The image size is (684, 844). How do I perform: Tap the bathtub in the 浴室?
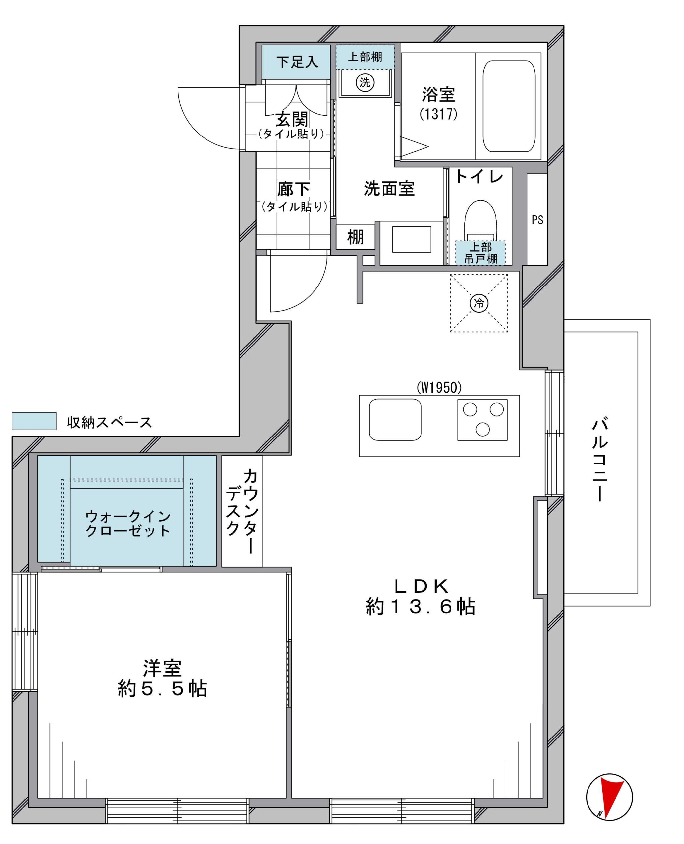pos(509,106)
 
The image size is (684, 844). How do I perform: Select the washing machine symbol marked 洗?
pos(365,82)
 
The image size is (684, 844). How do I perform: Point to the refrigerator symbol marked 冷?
pos(479,303)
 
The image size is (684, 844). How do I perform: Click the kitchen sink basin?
pos(395,420)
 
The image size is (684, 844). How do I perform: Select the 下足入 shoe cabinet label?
pos(297,62)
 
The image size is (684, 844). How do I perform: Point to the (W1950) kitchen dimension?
pos(439,388)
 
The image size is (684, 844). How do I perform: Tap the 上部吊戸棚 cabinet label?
pos(481,253)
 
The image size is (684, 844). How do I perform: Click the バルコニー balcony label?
pos(600,460)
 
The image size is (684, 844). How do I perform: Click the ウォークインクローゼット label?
pos(128,523)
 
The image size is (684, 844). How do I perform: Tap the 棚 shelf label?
pos(355,237)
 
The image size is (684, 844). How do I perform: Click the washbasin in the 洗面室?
pos(411,239)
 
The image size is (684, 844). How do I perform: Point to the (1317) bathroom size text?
pos(439,114)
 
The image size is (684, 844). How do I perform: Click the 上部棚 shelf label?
pos(365,57)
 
